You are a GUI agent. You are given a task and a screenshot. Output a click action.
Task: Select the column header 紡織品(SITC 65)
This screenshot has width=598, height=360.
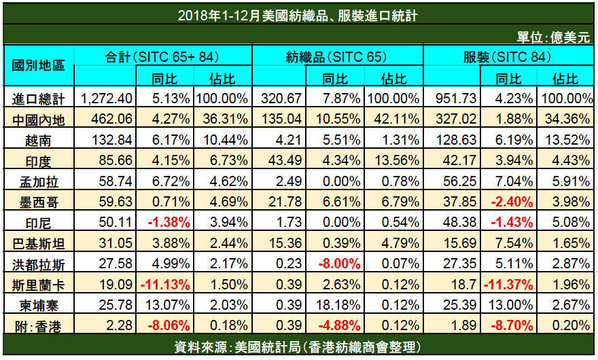point(336,57)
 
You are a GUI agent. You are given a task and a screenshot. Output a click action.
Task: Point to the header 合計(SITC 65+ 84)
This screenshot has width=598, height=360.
point(162,57)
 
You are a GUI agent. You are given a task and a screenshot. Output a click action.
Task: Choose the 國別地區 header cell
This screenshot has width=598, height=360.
point(39,66)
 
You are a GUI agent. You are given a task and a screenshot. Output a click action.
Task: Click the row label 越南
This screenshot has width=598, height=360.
point(39,141)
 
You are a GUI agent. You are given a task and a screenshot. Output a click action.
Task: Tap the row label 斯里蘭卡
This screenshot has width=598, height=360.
point(39,283)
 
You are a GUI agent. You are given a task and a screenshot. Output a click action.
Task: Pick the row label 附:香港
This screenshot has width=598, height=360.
point(39,327)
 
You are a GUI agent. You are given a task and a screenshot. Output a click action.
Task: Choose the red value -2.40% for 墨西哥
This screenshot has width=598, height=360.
point(508,202)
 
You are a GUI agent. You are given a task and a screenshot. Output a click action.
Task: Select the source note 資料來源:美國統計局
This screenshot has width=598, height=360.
point(299,347)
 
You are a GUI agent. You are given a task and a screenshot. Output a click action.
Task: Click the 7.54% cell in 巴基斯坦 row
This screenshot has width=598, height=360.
point(508,242)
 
